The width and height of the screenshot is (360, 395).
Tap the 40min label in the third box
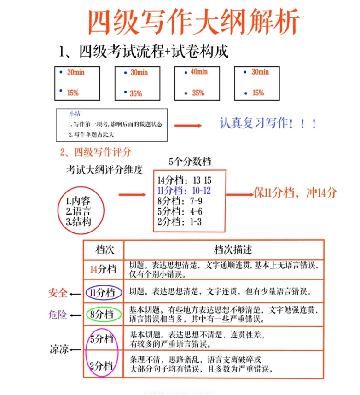[199, 72]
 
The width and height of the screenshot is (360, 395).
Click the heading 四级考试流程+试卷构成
[144, 51]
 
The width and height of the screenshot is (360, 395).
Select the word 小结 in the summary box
[74, 114]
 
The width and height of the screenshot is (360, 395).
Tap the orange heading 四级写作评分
[96, 151]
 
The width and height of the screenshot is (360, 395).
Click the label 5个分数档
[190, 162]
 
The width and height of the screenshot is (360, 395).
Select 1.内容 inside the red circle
[78, 201]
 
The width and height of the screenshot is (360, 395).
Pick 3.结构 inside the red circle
[78, 222]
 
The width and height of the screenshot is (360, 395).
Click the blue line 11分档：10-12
[184, 191]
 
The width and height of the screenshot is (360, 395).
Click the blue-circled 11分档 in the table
[104, 292]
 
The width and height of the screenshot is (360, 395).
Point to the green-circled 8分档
[103, 315]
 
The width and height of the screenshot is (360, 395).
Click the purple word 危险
[58, 315]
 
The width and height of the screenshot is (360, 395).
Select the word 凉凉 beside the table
[59, 350]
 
